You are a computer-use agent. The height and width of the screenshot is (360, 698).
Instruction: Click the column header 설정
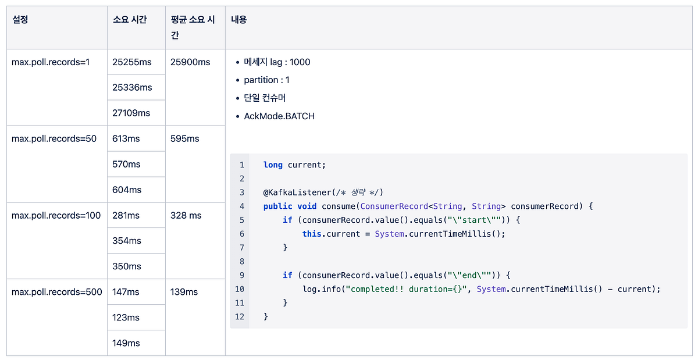click(x=20, y=20)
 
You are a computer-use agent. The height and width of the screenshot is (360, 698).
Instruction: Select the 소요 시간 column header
click(x=130, y=20)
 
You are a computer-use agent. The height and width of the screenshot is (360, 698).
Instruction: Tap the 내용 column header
click(x=239, y=20)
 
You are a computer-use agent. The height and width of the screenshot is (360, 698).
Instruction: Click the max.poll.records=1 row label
click(x=51, y=62)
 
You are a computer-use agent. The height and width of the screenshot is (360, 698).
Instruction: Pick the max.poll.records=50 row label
click(x=54, y=138)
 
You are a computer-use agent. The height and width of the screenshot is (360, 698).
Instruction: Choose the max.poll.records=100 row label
click(x=56, y=215)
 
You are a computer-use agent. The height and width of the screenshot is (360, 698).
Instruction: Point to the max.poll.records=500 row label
click(x=57, y=292)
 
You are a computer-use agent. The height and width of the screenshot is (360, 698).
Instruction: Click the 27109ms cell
click(x=131, y=113)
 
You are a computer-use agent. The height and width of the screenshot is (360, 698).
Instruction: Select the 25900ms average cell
click(x=190, y=62)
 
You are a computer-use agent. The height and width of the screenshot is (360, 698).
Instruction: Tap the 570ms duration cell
click(x=126, y=164)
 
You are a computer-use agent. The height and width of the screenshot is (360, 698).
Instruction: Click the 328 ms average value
click(x=186, y=215)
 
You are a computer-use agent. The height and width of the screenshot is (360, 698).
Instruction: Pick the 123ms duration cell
click(x=126, y=318)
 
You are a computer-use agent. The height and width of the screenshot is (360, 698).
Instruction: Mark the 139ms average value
click(x=184, y=292)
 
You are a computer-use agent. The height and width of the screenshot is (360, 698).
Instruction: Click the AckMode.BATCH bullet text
click(x=279, y=116)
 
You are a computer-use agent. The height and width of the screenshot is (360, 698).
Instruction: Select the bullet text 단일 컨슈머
click(x=265, y=98)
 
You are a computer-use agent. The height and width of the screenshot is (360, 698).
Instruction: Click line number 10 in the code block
click(x=240, y=289)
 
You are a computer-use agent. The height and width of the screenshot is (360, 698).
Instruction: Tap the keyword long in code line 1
click(x=273, y=165)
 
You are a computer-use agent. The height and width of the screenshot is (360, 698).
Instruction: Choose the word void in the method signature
click(x=307, y=206)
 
